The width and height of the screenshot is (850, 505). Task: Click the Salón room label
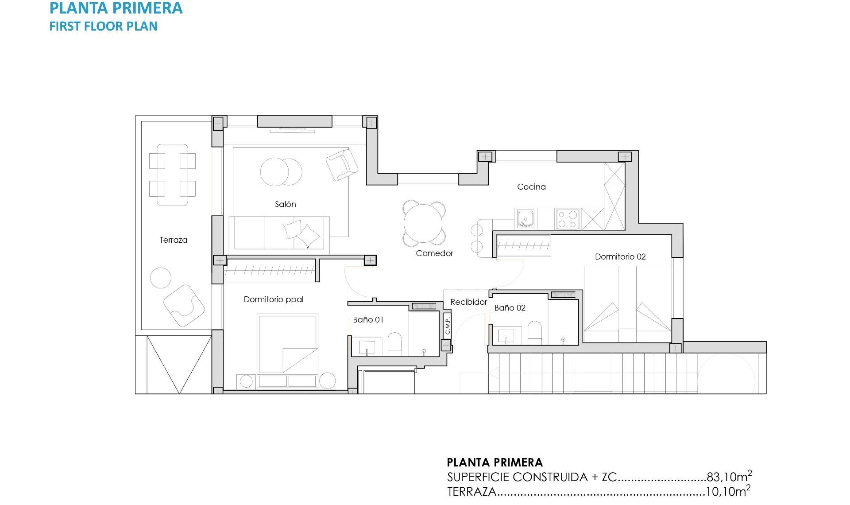coord(285,204)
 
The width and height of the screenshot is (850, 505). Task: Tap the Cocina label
coord(531,187)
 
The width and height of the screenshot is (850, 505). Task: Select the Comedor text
coord(434,253)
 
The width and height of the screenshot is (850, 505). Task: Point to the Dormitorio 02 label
coord(620,257)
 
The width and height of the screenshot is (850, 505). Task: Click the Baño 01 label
coord(368,320)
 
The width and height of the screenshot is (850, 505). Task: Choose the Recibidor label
coord(468,302)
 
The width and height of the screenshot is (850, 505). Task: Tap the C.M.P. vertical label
coord(448,326)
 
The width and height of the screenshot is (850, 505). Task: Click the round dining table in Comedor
coord(424,223)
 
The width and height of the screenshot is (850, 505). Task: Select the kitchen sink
coord(525,219)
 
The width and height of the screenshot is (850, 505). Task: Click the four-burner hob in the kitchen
coord(568,219)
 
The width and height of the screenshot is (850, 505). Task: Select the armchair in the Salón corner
coord(342,164)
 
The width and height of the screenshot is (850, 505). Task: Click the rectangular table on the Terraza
coord(172,175)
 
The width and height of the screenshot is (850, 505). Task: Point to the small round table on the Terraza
coord(161,278)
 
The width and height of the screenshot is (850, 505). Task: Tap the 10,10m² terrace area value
coord(727,492)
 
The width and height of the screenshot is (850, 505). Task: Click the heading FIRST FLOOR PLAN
coord(103,26)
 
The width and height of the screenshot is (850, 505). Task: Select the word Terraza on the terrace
coord(173,240)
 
